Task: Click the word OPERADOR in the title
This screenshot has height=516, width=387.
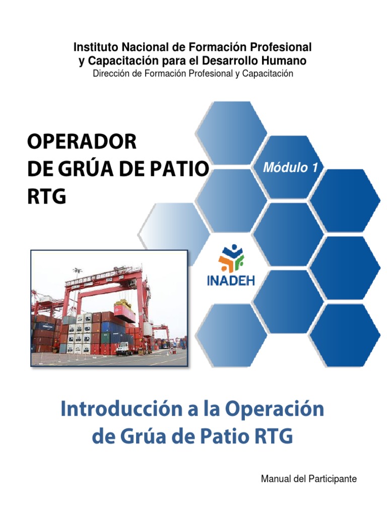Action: (x=81, y=142)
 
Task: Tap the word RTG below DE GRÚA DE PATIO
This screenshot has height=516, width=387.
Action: (x=46, y=196)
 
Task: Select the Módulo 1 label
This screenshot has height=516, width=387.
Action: (x=291, y=168)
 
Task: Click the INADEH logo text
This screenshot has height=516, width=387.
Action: (x=231, y=280)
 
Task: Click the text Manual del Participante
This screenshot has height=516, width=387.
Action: (x=308, y=479)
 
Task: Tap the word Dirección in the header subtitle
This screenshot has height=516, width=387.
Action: (x=111, y=74)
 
